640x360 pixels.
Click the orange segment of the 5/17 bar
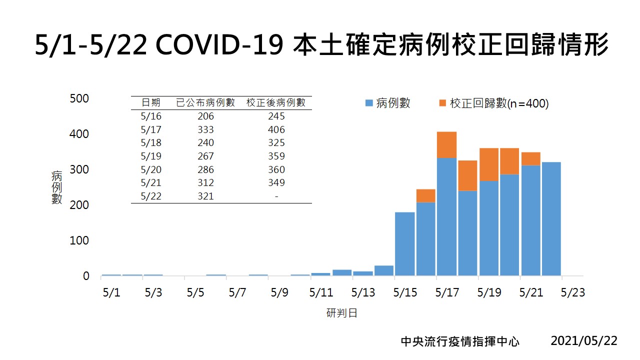[x=446, y=144]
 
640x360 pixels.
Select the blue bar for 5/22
[x=551, y=218]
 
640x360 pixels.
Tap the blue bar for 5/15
[x=404, y=243]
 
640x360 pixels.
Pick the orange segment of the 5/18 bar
[x=467, y=175]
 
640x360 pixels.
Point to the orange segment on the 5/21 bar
[x=530, y=158]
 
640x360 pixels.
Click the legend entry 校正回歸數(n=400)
[x=493, y=103]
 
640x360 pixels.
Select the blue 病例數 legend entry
[x=388, y=103]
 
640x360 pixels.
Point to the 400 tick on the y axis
[x=79, y=134]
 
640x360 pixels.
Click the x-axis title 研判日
[x=342, y=313]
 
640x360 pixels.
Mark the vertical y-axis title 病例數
[x=57, y=187]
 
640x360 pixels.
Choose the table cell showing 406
[x=276, y=129]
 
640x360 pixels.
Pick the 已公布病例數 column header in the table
[x=205, y=103]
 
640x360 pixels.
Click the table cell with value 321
[x=205, y=196]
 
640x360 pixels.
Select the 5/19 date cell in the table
[x=151, y=156]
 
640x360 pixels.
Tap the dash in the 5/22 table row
[x=276, y=196]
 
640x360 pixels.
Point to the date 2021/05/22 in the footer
[x=584, y=341]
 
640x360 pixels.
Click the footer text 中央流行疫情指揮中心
[x=460, y=341]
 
